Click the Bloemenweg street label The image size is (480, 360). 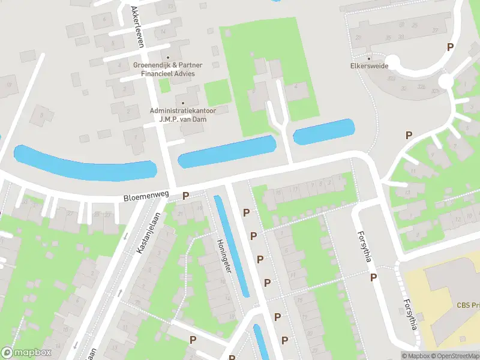[146, 196]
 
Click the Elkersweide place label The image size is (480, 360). [369, 66]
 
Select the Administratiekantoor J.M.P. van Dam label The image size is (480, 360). [183, 115]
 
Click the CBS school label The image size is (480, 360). [468, 305]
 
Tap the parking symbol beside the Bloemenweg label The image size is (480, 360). [185, 196]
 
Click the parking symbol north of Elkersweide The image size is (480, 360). [449, 47]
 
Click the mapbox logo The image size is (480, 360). [25, 353]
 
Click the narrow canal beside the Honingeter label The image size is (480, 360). [232, 246]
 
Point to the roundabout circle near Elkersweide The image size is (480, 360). [445, 80]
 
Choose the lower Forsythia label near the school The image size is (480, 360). [410, 314]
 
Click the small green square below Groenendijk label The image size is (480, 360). [164, 85]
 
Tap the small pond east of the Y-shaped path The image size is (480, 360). [323, 132]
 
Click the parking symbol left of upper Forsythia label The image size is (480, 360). [373, 277]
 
